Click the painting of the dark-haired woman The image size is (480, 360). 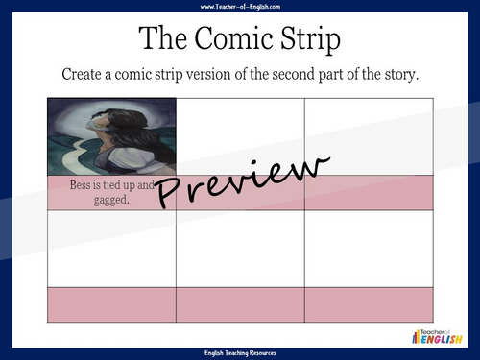pos(111,136)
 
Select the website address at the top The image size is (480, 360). pos(240,7)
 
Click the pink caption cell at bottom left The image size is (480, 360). pos(111,303)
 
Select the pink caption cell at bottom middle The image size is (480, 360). pos(240,303)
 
